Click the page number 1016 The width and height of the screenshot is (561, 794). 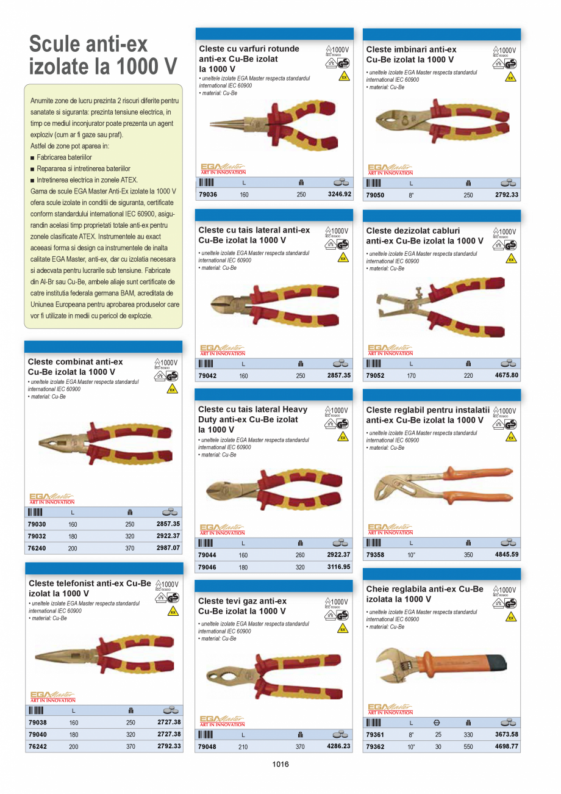pyautogui.click(x=280, y=764)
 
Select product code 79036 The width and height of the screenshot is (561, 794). pyautogui.click(x=208, y=195)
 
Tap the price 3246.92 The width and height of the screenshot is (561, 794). pyautogui.click(x=339, y=195)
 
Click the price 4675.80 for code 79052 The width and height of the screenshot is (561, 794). pyautogui.click(x=507, y=375)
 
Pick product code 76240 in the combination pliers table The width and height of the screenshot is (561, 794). pyautogui.click(x=37, y=548)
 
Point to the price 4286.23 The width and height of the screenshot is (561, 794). pyautogui.click(x=339, y=746)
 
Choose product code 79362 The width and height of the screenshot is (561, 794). pyautogui.click(x=375, y=746)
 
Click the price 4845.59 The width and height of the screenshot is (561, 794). pyautogui.click(x=507, y=555)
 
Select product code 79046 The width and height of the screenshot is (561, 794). pyautogui.click(x=207, y=567)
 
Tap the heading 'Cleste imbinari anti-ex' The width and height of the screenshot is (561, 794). pyautogui.click(x=411, y=49)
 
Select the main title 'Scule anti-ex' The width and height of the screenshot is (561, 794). pyautogui.click(x=88, y=44)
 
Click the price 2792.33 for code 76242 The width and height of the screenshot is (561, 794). pyautogui.click(x=169, y=746)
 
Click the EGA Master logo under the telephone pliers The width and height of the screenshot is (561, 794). pyautogui.click(x=52, y=697)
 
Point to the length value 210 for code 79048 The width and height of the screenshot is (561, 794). pyautogui.click(x=243, y=747)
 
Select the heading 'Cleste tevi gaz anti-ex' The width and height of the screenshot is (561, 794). pyautogui.click(x=242, y=601)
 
